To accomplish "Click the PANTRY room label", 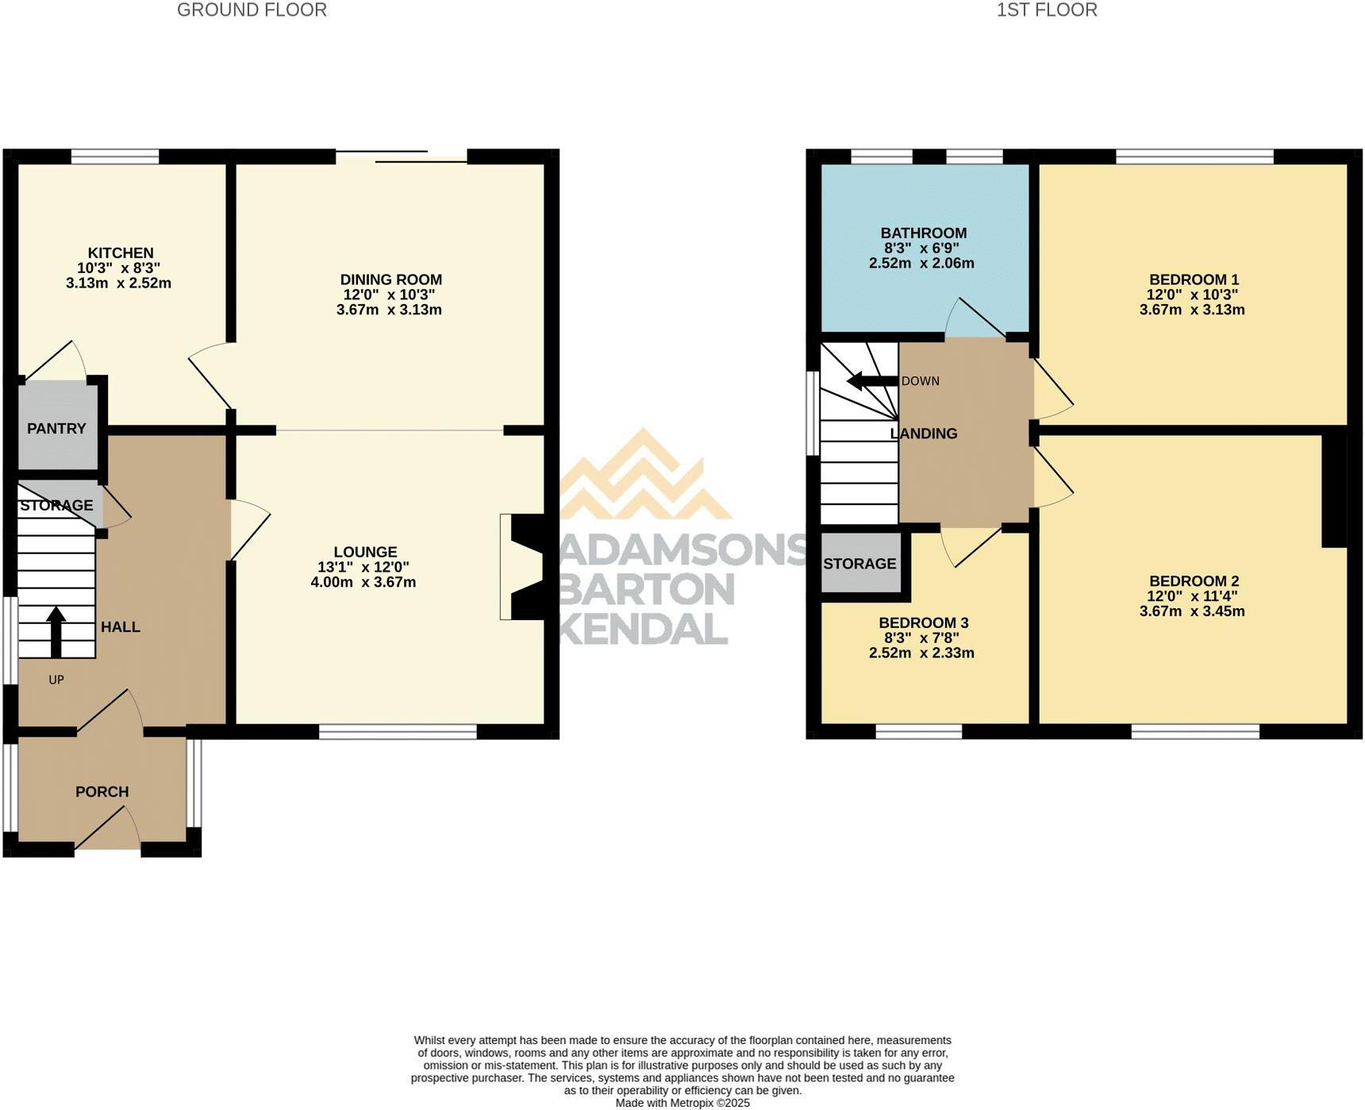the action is click(56, 429).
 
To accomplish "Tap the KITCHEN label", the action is click(121, 253).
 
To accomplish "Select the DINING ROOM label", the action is click(391, 279).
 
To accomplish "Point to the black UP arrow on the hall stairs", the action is click(56, 632).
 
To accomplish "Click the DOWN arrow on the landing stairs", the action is click(872, 382).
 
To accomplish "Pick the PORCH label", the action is click(102, 792).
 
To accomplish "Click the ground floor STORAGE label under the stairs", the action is click(56, 506).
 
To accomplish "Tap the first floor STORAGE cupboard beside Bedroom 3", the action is click(860, 563).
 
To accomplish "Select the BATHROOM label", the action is click(924, 233).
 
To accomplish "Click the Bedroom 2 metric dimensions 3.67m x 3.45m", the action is click(1192, 611).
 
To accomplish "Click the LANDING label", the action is click(924, 434).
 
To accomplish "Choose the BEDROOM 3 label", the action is click(924, 623).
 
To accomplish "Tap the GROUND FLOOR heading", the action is click(252, 10).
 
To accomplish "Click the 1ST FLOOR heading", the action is click(1047, 10).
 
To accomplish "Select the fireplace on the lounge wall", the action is click(521, 567).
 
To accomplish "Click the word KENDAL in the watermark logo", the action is click(644, 629).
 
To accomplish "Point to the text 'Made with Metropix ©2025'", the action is click(682, 1103).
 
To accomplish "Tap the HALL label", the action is click(121, 627).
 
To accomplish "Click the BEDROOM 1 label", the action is click(1194, 279).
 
